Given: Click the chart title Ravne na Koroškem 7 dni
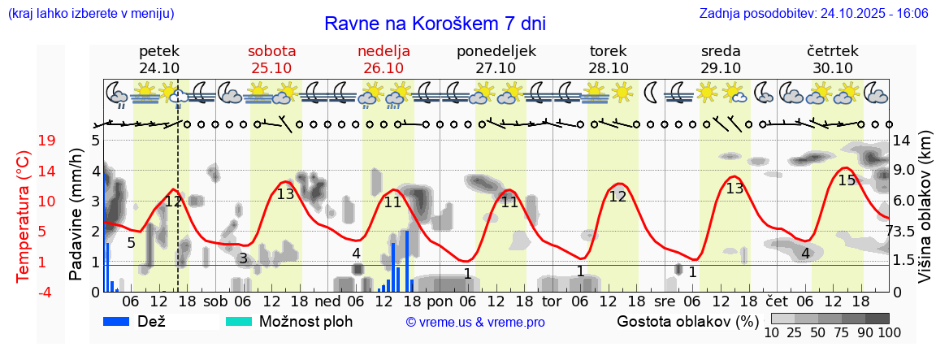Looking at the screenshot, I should (x=435, y=23).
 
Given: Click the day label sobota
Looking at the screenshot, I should (x=271, y=50).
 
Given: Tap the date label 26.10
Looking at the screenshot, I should (x=383, y=68).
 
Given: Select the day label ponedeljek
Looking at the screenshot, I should (x=496, y=50).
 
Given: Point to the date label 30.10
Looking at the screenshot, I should (x=833, y=68).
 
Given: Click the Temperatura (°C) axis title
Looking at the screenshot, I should (x=24, y=215).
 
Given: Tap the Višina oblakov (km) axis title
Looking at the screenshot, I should (x=925, y=215).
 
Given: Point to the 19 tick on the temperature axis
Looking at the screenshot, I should (x=47, y=140).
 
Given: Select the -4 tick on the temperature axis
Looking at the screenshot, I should (x=47, y=292).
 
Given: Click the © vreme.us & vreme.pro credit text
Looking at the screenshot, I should (x=475, y=322).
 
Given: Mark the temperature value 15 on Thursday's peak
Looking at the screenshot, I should (x=847, y=180).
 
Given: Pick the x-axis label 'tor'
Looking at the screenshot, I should (x=552, y=301).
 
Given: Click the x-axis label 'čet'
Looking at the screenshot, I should (x=777, y=301).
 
